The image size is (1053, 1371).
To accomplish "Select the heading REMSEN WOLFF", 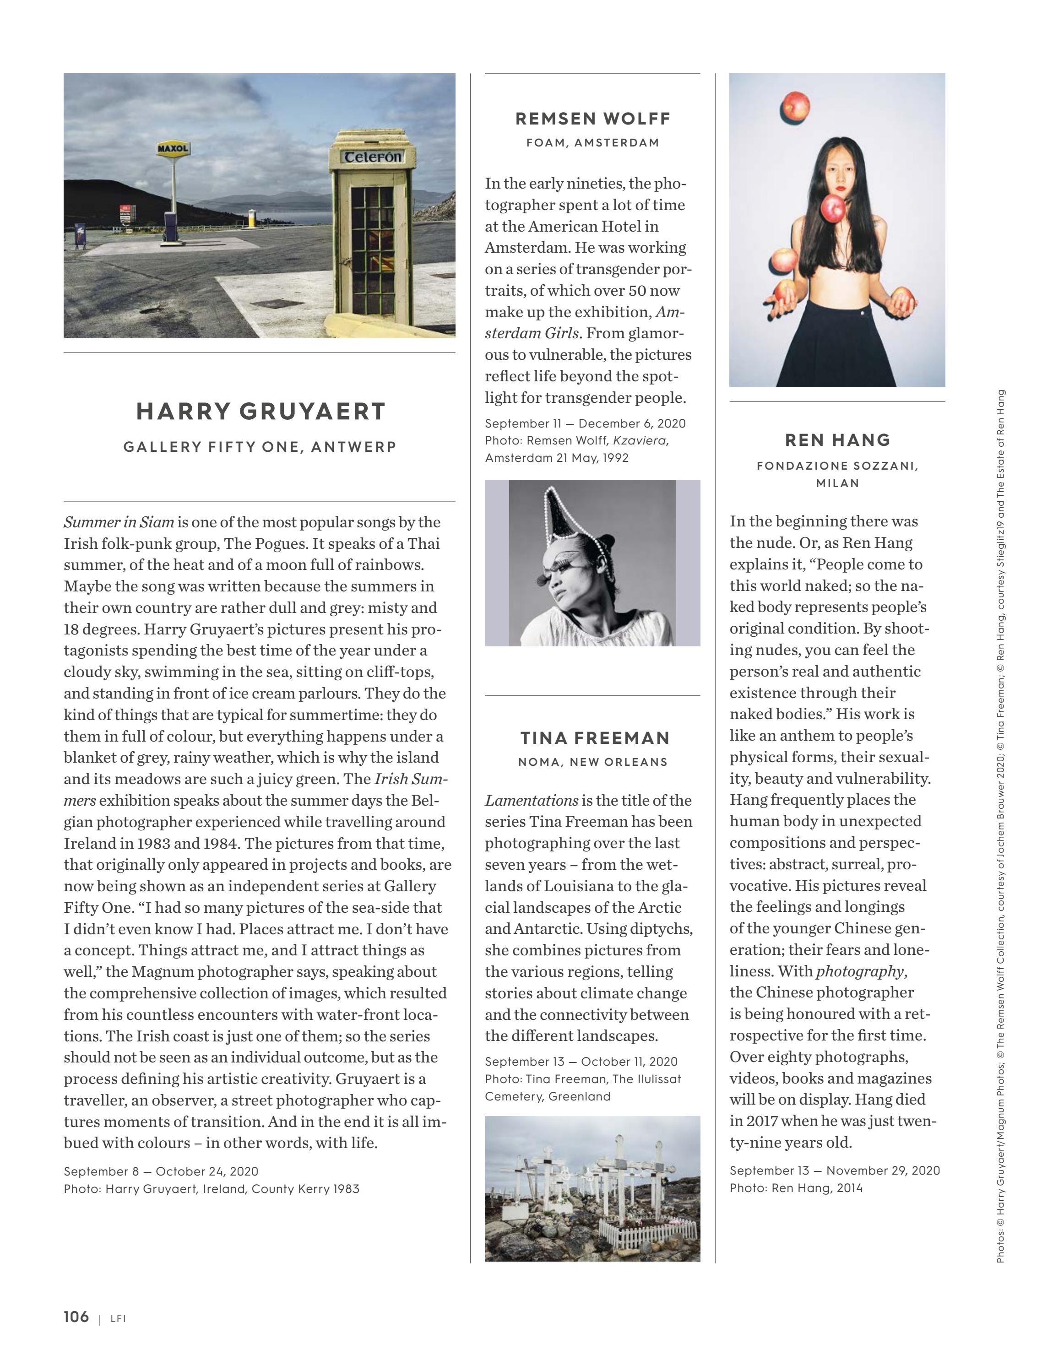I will pos(593,119).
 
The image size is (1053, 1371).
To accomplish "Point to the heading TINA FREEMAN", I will pos(595,738).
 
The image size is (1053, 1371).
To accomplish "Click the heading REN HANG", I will pos(837,440).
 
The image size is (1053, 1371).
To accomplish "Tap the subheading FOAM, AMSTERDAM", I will pos(593,143).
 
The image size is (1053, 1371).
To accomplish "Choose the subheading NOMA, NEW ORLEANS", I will pos(593,762).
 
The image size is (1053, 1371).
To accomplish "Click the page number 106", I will pos(76,1317).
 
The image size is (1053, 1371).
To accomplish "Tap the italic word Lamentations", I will pos(532,801).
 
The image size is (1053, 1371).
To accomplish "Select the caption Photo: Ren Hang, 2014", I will pos(796,1187).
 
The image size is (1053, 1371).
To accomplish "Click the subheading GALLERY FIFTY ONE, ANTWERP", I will pos(260,447).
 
